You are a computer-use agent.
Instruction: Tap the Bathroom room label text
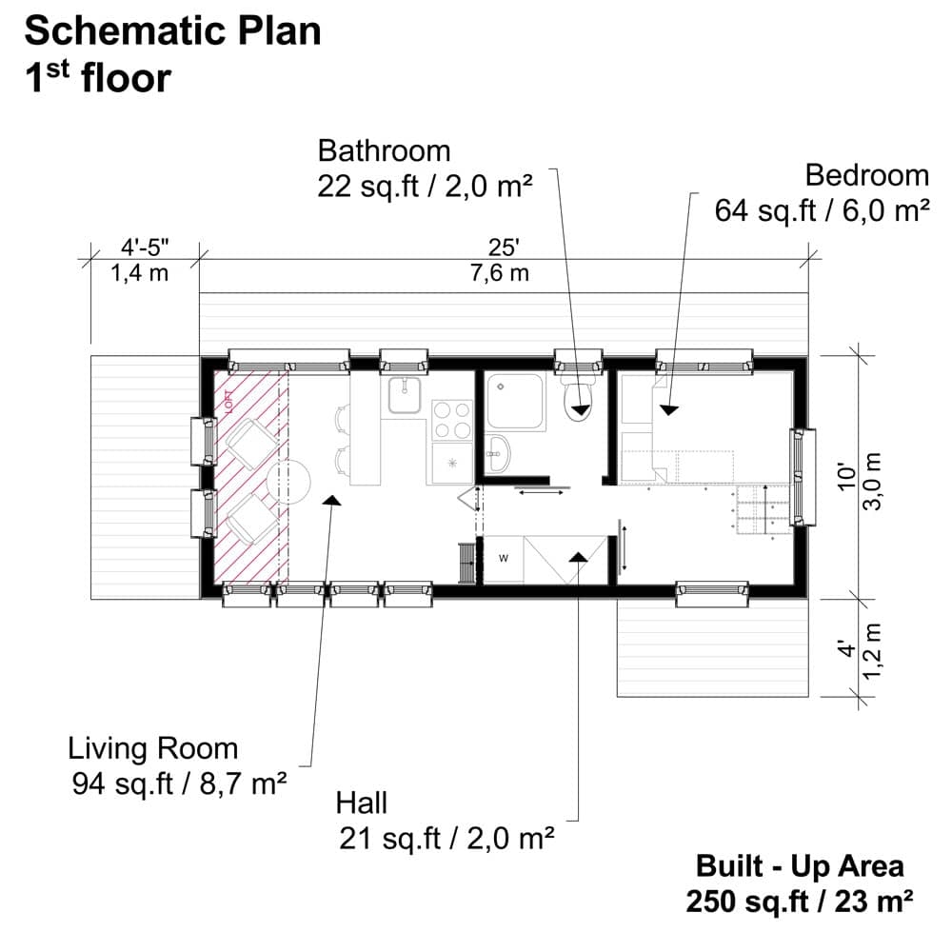(x=384, y=151)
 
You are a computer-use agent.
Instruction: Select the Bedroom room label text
(x=866, y=175)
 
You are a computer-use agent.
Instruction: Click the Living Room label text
(x=152, y=748)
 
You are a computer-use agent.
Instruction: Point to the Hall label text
(x=362, y=803)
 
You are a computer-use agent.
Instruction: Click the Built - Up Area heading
(x=800, y=866)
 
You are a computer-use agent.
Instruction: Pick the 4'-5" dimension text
(x=146, y=249)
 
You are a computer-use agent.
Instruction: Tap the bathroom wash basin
(x=499, y=452)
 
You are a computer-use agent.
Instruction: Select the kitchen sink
(x=406, y=393)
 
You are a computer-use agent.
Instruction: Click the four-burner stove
(x=453, y=420)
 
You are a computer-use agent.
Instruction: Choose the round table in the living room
(x=289, y=482)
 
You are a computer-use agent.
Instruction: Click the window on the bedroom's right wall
(x=802, y=476)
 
